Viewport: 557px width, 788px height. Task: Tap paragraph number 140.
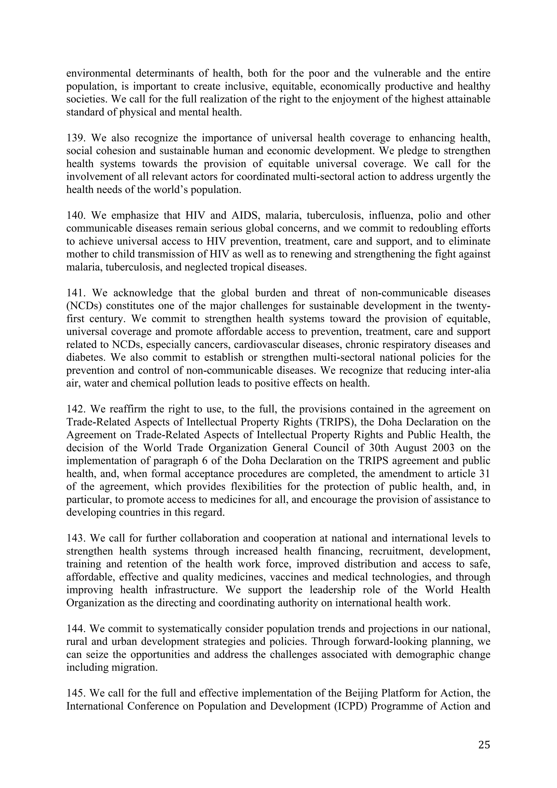[x=76, y=216]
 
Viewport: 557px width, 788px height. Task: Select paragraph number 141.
[x=76, y=293]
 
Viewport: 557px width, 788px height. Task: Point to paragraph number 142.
[x=76, y=409]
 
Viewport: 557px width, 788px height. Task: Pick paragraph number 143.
[x=76, y=538]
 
